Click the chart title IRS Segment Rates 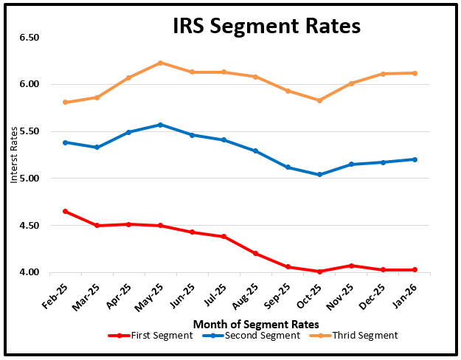click(x=266, y=27)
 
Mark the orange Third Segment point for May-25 click(x=160, y=63)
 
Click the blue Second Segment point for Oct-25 click(x=319, y=175)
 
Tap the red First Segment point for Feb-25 click(x=66, y=211)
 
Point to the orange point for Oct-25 click(x=319, y=100)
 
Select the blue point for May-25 click(x=160, y=125)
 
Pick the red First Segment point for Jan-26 click(x=415, y=269)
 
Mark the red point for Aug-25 click(x=256, y=253)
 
